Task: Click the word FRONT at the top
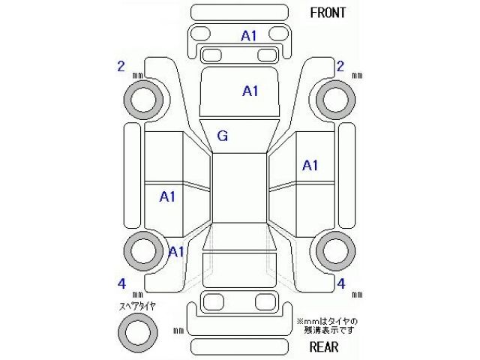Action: click(328, 13)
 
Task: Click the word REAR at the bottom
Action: click(323, 346)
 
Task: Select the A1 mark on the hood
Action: click(250, 91)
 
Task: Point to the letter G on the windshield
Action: click(223, 136)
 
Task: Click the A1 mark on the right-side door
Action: click(310, 165)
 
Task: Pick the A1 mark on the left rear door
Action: click(166, 196)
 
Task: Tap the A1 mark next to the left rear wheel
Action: click(176, 251)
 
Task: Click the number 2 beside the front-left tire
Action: click(121, 67)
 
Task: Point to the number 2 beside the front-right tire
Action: click(340, 67)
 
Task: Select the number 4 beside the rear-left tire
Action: click(121, 283)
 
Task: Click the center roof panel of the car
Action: click(239, 190)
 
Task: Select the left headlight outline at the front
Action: click(200, 34)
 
